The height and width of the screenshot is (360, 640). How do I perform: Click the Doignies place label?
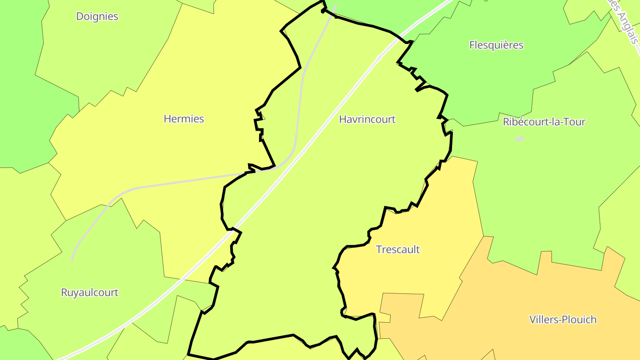pyautogui.click(x=97, y=16)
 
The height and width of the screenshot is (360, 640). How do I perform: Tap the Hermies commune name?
pyautogui.click(x=184, y=119)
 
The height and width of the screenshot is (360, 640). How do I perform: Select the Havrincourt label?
pyautogui.click(x=367, y=119)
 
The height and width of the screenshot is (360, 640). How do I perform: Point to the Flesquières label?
pyautogui.click(x=496, y=45)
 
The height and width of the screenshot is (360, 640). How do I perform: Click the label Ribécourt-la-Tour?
pyautogui.click(x=544, y=122)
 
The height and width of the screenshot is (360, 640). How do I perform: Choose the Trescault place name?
pyautogui.click(x=398, y=249)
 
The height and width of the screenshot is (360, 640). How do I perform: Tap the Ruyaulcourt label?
pyautogui.click(x=90, y=292)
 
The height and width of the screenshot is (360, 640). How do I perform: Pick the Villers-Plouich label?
pyautogui.click(x=563, y=320)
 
